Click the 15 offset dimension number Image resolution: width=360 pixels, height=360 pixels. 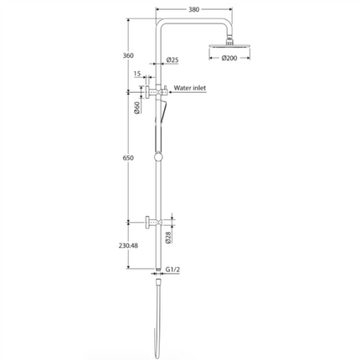point(136,75)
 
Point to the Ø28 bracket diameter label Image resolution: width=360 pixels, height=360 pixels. point(170,238)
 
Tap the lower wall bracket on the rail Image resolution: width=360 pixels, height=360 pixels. point(151,222)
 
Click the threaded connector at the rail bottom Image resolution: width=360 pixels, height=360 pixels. point(157,270)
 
